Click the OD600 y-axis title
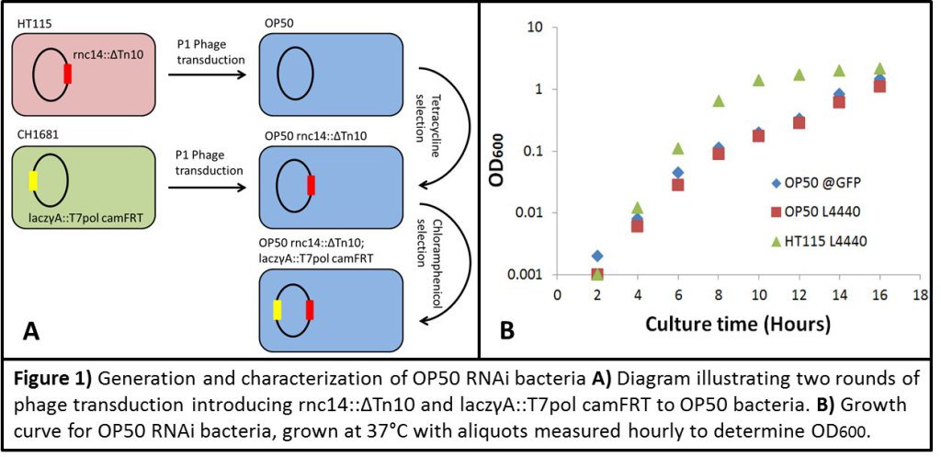(x=508, y=143)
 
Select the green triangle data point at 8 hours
(x=719, y=100)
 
